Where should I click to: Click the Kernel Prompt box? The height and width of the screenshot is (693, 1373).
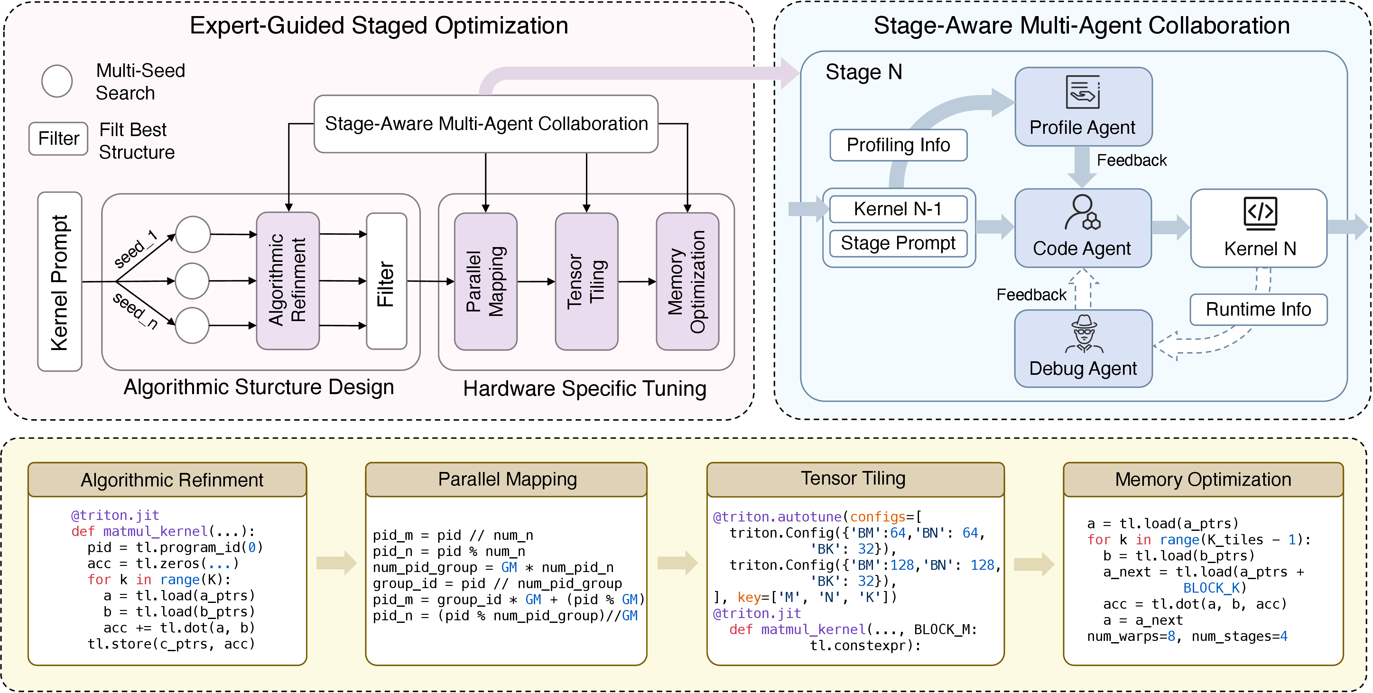(60, 282)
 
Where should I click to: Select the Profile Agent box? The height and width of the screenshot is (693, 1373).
(1084, 106)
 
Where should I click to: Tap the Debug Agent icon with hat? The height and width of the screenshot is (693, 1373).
(1084, 334)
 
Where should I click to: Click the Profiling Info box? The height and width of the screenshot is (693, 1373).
(899, 145)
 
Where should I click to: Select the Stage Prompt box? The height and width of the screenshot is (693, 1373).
(899, 243)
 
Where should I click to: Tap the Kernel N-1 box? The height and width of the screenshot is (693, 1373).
(899, 209)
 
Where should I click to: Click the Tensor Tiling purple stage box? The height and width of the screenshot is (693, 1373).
(586, 282)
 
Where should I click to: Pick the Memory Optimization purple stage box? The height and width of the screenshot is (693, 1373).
(688, 282)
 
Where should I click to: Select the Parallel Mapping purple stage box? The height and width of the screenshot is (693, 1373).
(486, 282)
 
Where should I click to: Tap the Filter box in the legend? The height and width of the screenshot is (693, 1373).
(59, 139)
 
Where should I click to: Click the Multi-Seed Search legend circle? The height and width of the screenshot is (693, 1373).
(57, 81)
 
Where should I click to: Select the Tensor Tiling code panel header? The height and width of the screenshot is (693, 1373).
(855, 479)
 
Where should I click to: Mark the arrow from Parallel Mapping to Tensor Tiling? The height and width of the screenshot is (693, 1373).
(536, 282)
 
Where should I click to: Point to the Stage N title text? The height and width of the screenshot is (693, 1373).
(863, 72)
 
